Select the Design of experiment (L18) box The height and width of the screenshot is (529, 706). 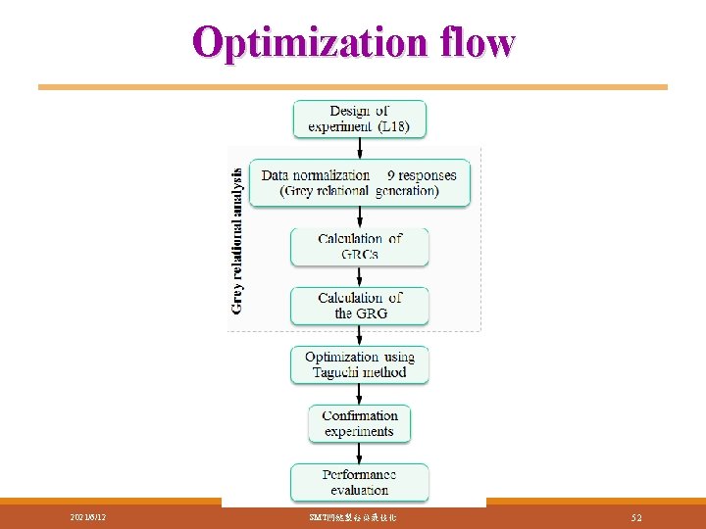360,119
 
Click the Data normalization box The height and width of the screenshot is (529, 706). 360,182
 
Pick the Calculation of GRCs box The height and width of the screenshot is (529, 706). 360,246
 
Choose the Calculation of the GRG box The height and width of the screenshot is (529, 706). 360,306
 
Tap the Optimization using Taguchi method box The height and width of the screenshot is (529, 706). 360,364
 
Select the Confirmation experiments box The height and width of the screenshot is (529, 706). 360,423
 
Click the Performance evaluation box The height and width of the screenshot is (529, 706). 360,482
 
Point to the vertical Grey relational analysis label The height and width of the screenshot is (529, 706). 237,239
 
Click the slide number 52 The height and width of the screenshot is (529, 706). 636,516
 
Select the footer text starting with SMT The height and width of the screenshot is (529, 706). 352,516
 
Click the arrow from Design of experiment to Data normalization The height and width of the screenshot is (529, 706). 360,148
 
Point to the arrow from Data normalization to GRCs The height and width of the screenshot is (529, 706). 360,217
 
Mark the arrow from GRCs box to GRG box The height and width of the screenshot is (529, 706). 360,276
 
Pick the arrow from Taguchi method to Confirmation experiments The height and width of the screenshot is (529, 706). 360,394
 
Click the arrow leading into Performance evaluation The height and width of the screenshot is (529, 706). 360,453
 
